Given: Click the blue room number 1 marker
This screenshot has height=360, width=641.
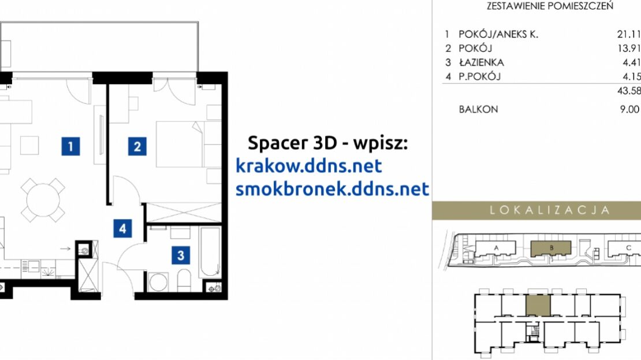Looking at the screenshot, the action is (70, 146).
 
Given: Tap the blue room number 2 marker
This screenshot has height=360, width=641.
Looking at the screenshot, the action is (137, 146).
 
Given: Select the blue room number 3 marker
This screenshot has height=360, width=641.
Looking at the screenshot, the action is (181, 255).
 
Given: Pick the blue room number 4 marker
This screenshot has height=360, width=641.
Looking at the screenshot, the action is (122, 228).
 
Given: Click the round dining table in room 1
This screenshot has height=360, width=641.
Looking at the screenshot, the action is (43, 200).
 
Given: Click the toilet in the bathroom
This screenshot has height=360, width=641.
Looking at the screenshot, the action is (184, 280).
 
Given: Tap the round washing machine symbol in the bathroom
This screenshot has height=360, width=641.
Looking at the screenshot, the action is (158, 282).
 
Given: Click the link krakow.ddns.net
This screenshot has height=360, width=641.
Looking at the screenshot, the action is (308, 166).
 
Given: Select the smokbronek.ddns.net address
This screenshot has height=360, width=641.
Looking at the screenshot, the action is (333, 188).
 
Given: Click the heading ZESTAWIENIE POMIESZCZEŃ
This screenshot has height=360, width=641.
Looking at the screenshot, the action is (550, 6).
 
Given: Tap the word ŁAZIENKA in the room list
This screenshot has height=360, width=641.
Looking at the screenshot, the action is (482, 62).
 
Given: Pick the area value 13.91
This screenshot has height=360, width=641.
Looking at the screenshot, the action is (629, 49).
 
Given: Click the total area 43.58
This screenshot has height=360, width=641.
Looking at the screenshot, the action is (629, 91).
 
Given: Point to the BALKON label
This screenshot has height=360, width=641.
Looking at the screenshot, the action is (478, 109).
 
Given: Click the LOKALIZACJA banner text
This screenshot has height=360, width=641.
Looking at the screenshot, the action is (550, 210).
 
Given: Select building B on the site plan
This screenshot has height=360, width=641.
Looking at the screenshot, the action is (551, 248).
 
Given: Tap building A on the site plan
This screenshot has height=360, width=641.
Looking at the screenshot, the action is (496, 248).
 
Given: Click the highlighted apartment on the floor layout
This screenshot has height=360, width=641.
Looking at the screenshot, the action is (538, 305).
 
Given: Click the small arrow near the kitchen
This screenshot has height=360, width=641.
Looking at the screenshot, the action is (65, 248).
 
